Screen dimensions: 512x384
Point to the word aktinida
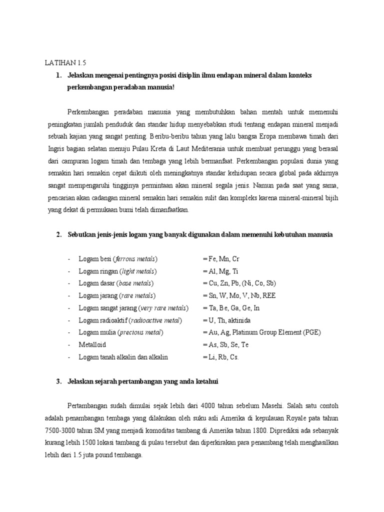(242, 320)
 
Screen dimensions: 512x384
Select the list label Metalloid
(92, 344)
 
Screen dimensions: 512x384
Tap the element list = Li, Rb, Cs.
(221, 357)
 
